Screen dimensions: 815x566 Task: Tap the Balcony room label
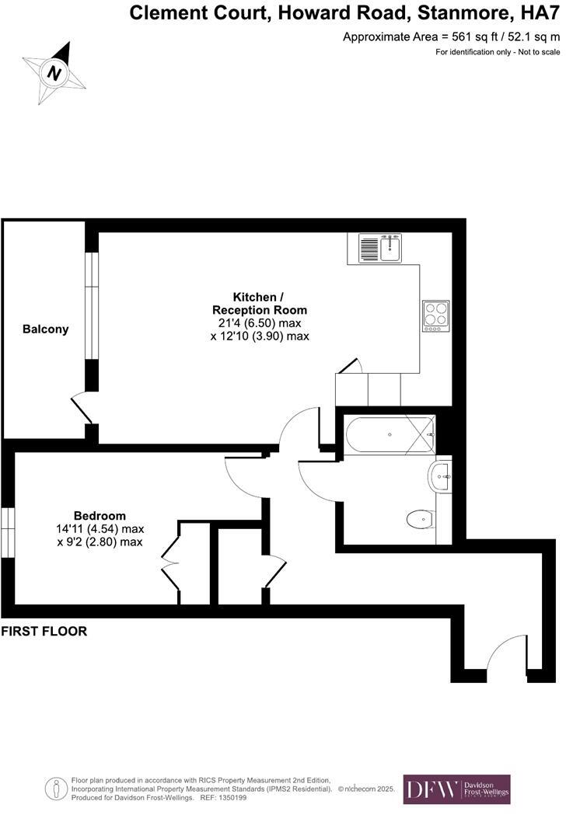click(45, 329)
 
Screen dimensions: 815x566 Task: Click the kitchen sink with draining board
click(379, 249)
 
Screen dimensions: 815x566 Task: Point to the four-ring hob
click(435, 315)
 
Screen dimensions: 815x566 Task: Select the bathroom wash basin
click(439, 475)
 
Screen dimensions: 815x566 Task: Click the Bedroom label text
click(100, 516)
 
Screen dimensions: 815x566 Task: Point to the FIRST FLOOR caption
click(44, 632)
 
